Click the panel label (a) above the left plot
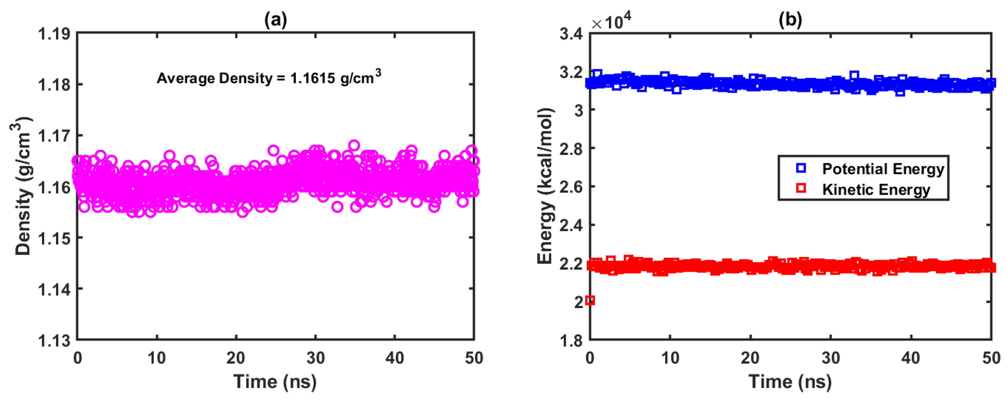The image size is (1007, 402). pyautogui.click(x=275, y=19)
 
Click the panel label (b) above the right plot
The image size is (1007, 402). pyautogui.click(x=790, y=19)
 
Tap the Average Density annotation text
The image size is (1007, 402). pyautogui.click(x=269, y=78)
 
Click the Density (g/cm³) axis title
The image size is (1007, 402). pyautogui.click(x=22, y=187)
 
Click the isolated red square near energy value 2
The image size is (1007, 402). pyautogui.click(x=590, y=300)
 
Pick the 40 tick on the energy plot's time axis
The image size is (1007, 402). pyautogui.click(x=911, y=357)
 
